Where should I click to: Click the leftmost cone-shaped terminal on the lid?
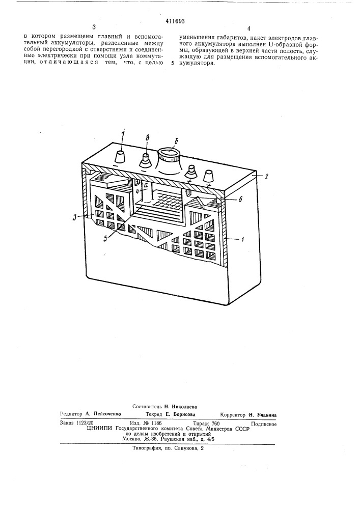[x=121, y=158]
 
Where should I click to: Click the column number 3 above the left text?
[x=93, y=27]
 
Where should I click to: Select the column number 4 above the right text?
[x=248, y=29]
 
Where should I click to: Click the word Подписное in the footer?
[x=264, y=423]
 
